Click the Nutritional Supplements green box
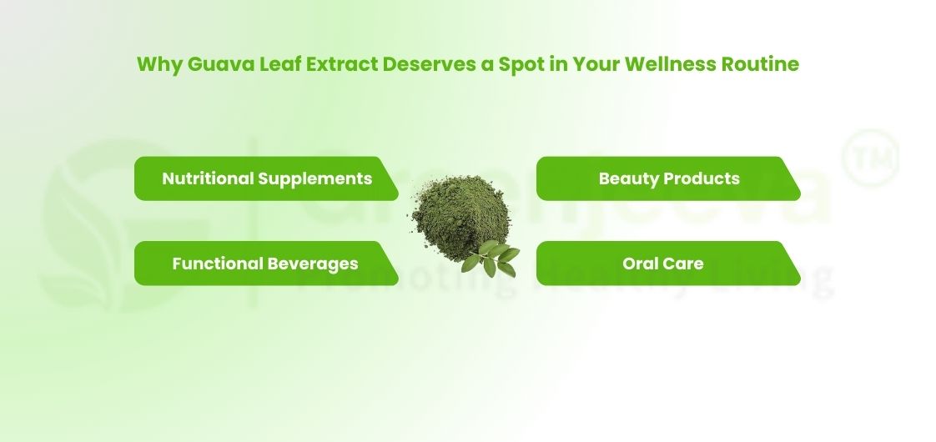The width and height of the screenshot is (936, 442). (265, 178)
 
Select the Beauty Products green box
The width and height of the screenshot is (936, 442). (667, 178)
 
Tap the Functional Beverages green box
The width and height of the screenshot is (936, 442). (265, 264)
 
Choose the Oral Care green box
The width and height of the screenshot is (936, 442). (667, 264)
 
